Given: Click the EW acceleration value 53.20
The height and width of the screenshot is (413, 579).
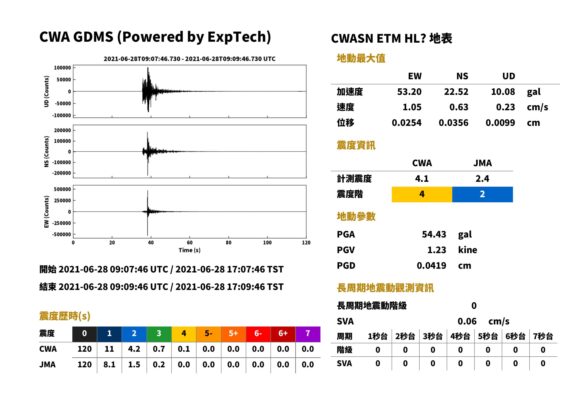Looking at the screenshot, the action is tap(409, 92).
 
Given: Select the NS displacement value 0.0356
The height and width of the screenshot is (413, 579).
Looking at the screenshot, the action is tap(453, 123).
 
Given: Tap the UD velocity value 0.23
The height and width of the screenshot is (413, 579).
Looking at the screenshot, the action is tap(505, 107).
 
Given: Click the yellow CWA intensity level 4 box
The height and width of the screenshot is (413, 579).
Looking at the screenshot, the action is tap(422, 194).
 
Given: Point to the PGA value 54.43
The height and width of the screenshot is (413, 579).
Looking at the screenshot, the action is tap(434, 234).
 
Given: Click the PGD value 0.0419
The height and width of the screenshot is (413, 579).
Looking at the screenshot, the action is tap(431, 265).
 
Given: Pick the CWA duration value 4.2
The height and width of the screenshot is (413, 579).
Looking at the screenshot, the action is tap(134, 349).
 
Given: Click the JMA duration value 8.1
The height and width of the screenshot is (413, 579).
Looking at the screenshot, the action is tap(109, 365).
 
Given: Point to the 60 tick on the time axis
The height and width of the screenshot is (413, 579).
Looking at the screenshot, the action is tap(190, 242).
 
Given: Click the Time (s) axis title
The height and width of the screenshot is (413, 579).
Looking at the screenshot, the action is tap(189, 250).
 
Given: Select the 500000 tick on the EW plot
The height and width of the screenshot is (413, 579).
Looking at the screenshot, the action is tap(62, 189).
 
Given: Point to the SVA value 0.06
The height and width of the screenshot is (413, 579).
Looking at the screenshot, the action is tap(467, 321).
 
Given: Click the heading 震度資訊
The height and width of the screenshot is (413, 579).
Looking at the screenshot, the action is tap(356, 145).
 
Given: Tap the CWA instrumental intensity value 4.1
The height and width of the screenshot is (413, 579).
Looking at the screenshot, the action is tap(422, 179).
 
